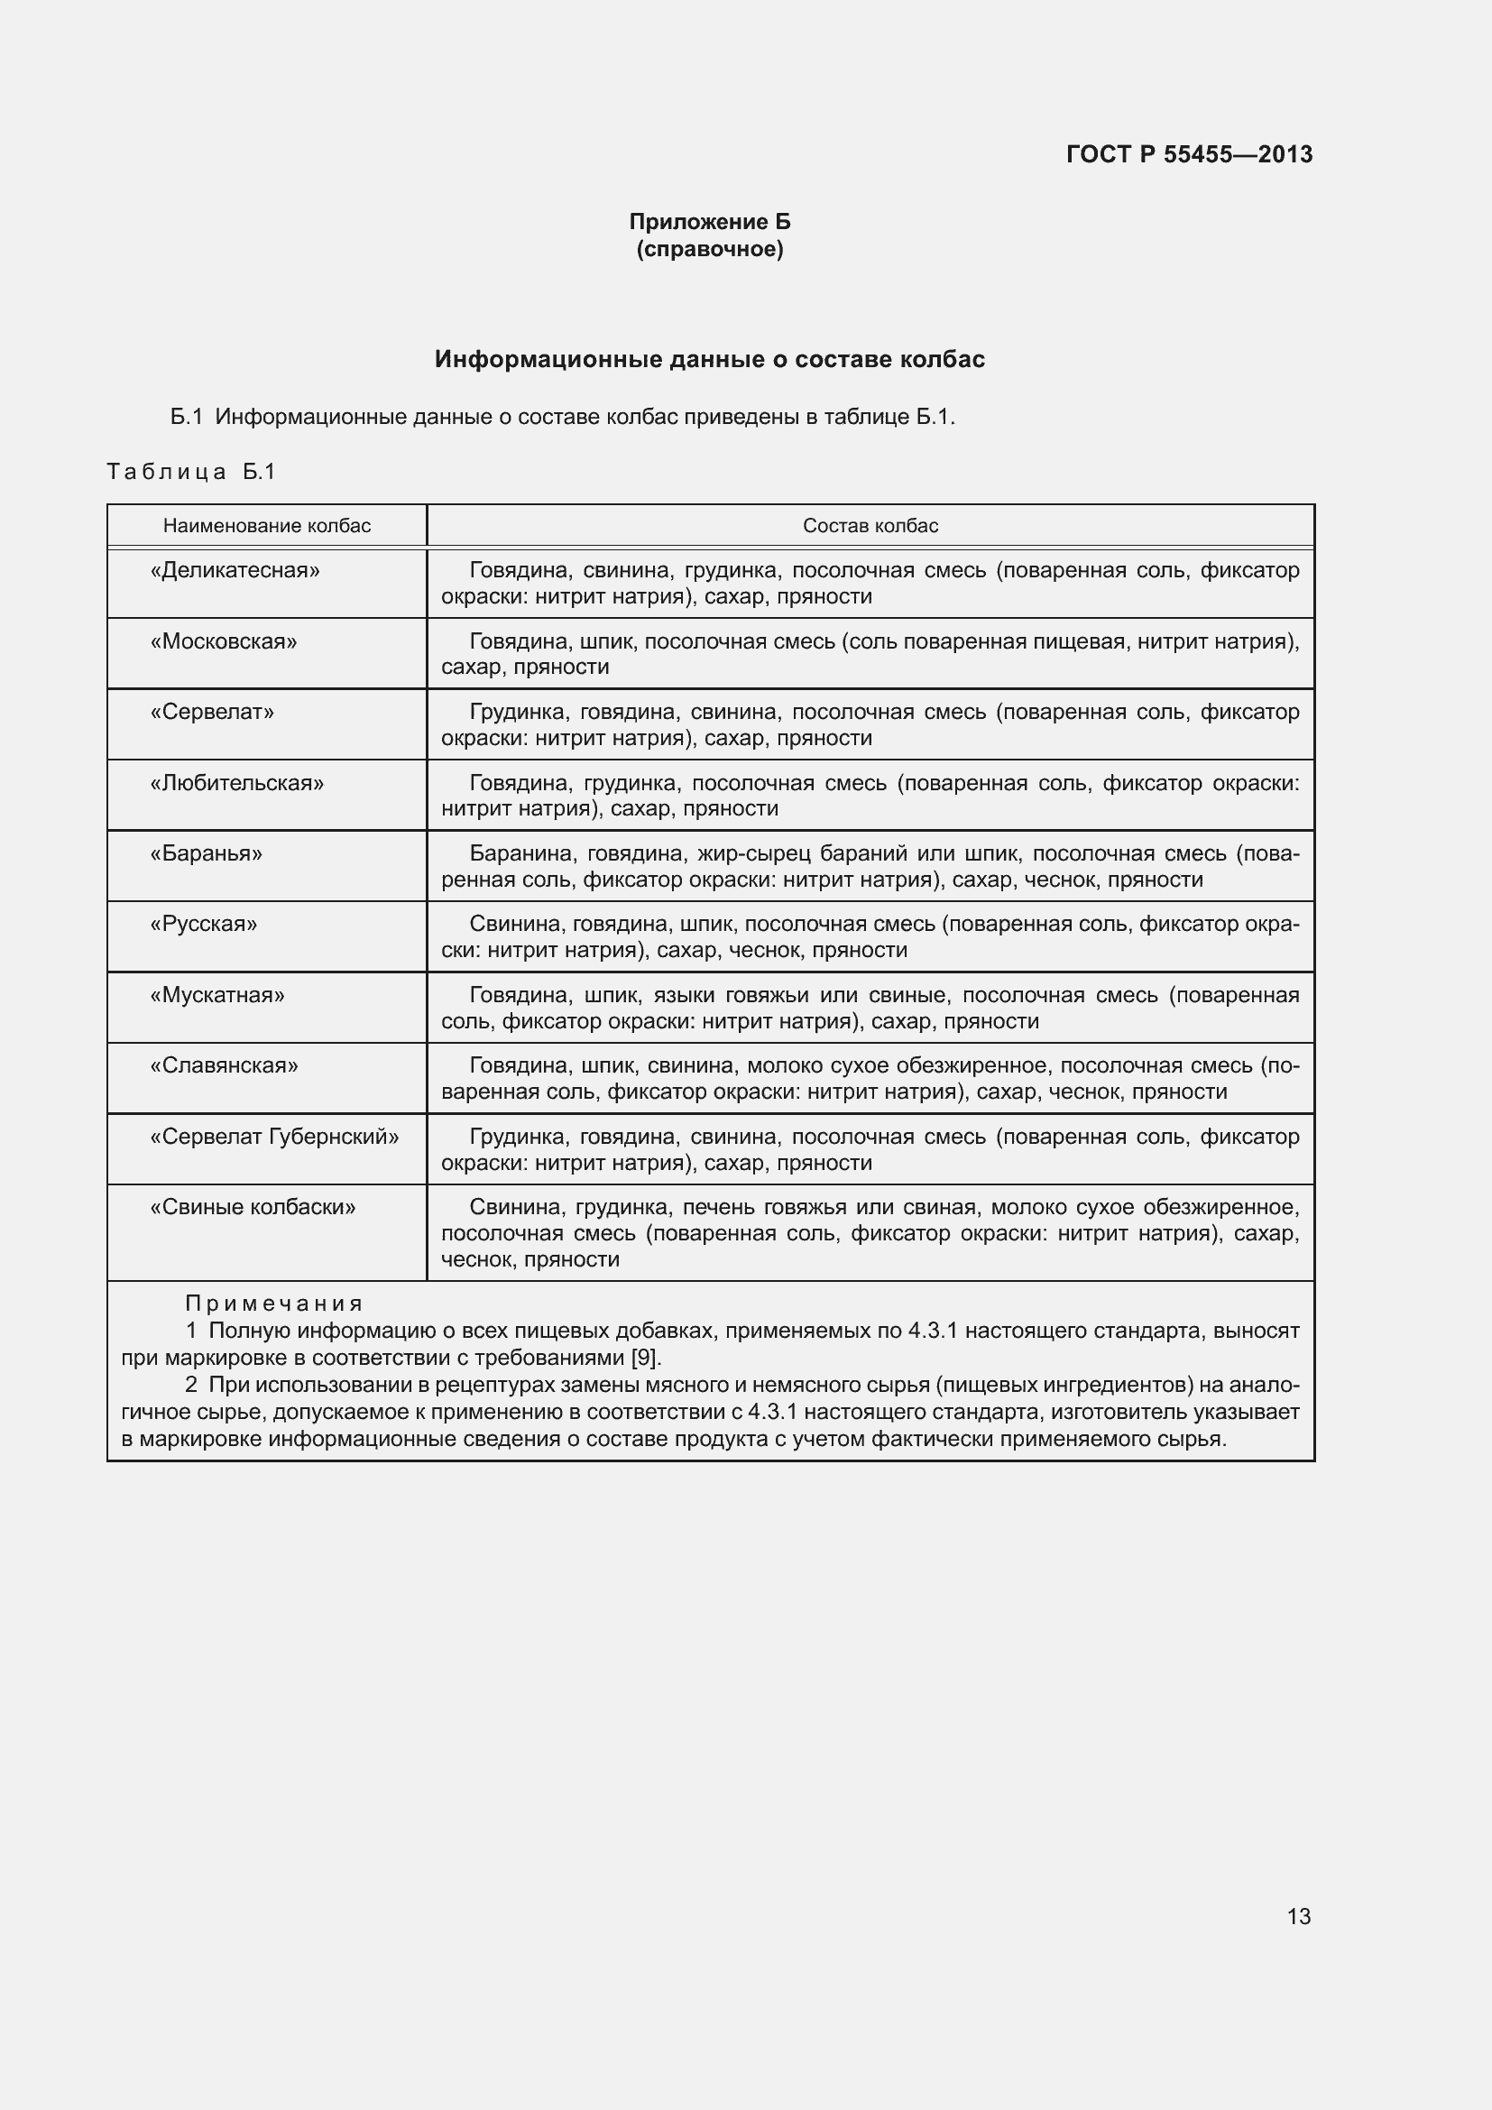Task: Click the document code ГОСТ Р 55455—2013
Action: pos(1189,154)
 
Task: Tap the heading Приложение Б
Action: pos(709,222)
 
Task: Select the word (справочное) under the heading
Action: pos(709,249)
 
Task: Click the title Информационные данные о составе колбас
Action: pos(709,359)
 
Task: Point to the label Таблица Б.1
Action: pos(191,472)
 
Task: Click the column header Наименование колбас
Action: pos(266,526)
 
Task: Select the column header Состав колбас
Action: pos(870,526)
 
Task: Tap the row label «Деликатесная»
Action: pos(235,571)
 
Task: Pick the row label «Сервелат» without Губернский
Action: pos(212,713)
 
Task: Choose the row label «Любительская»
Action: pos(237,783)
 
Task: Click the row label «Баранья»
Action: pos(206,853)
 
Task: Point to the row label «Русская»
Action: pos(203,925)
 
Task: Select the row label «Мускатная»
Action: pos(216,995)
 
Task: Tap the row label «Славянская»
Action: pos(225,1066)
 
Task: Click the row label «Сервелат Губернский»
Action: pos(274,1137)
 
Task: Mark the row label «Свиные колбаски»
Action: pos(253,1208)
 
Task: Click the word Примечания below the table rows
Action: pos(274,1304)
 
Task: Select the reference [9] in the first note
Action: pos(645,1358)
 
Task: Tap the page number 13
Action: pos(1298,1916)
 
